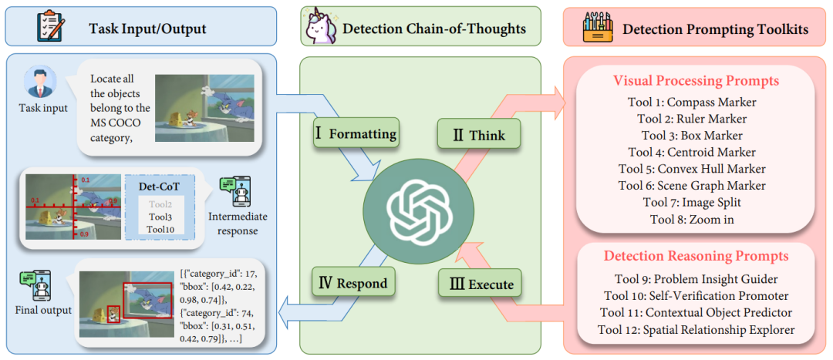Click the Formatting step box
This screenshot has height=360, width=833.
click(x=356, y=133)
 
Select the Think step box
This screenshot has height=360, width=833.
click(x=479, y=134)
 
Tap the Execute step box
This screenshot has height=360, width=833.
click(x=480, y=284)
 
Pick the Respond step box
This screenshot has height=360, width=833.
click(x=356, y=283)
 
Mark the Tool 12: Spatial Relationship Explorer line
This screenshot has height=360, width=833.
click(x=696, y=330)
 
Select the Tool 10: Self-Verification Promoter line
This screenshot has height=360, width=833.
click(x=696, y=296)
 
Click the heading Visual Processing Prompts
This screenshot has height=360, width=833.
click(x=696, y=81)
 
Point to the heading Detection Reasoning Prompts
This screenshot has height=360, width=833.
click(x=696, y=256)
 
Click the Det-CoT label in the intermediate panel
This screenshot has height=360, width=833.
click(x=157, y=187)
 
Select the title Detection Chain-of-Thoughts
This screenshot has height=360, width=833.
click(x=433, y=29)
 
